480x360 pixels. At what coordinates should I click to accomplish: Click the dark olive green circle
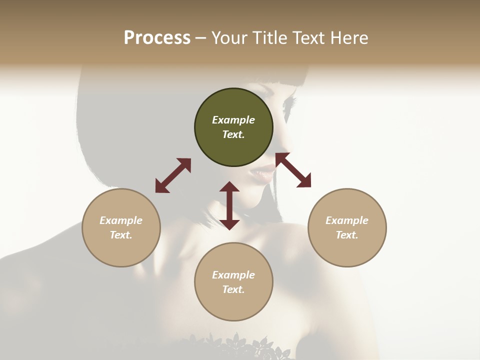pos(233,127)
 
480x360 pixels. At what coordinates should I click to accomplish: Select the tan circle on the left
pos(121,228)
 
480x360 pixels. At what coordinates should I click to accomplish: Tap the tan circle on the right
pos(347,228)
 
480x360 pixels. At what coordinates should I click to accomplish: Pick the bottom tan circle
pos(233,282)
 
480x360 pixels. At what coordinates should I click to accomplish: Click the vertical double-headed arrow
pos(229,205)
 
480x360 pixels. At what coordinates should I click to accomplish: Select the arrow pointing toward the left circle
pos(173,175)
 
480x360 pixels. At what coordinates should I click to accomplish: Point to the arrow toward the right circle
pos(293,170)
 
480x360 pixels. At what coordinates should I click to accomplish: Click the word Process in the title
pos(157,37)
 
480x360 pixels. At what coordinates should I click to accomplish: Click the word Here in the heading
pos(349,37)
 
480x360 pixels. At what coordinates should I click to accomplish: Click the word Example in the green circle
pos(233,120)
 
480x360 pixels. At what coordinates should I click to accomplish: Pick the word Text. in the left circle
pos(121,235)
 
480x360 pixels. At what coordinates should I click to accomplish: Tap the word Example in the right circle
pos(347,220)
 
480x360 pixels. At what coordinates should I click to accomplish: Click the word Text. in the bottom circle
pos(233,289)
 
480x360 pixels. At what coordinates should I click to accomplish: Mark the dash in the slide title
pos(201,38)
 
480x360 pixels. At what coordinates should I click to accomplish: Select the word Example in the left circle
pos(121,220)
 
